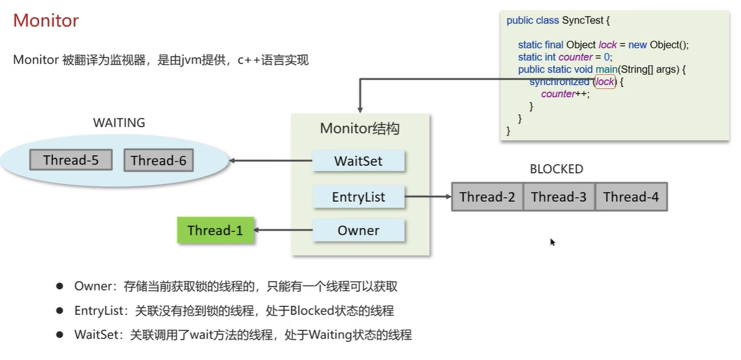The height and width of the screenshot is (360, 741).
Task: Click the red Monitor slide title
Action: (46, 21)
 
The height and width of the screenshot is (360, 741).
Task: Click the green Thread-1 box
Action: (215, 230)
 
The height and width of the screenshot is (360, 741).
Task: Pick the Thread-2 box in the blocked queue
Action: (487, 197)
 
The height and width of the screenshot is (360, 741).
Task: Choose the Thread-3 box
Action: (559, 197)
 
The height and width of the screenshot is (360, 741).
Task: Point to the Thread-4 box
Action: (631, 197)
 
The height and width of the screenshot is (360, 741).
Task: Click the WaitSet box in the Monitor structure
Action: (358, 161)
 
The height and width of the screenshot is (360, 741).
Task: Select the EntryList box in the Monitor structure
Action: (358, 196)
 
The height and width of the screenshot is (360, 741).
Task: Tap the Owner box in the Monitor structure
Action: (358, 230)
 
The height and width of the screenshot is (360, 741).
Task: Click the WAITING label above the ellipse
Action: (119, 123)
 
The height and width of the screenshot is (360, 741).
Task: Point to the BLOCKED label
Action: (556, 169)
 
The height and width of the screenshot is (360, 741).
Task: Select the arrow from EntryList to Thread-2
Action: (428, 196)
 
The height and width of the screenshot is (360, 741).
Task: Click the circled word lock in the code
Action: (605, 82)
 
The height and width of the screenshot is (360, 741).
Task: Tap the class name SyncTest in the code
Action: (582, 20)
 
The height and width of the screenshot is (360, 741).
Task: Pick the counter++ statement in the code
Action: (565, 94)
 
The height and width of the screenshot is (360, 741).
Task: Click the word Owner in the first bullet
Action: (92, 286)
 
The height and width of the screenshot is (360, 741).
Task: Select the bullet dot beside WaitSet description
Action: (59, 335)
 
